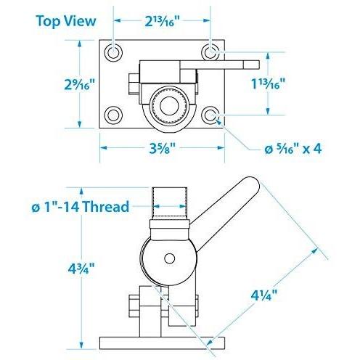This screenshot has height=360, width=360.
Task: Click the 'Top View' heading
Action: [x=66, y=21]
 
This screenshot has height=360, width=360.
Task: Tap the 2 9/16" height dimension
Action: [x=79, y=84]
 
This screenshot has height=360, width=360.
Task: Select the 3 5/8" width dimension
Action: [x=162, y=148]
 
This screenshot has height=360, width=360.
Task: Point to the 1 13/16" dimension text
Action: [x=268, y=84]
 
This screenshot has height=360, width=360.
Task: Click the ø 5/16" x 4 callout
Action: [x=293, y=148]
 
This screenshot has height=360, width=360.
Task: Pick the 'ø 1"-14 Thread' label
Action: [x=81, y=207]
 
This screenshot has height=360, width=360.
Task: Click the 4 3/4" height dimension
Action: [x=81, y=269]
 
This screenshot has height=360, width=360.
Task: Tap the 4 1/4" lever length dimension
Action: [x=264, y=295]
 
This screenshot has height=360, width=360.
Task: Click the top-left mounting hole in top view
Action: [x=113, y=52]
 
